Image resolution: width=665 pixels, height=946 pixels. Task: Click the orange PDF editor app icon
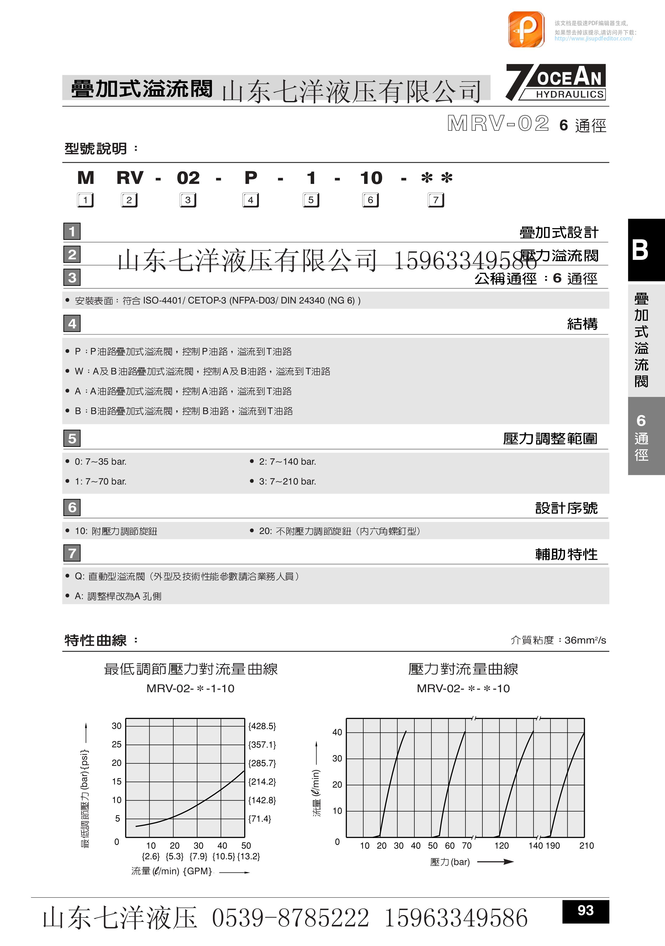pyautogui.click(x=526, y=29)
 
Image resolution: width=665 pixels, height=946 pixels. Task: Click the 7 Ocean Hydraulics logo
pyautogui.click(x=556, y=82)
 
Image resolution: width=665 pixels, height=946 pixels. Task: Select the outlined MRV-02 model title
pyautogui.click(x=498, y=124)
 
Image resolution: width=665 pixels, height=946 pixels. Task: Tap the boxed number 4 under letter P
pyautogui.click(x=251, y=200)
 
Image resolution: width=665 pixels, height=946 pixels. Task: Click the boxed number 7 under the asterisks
pyautogui.click(x=436, y=200)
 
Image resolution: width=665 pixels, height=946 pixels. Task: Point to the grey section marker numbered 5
pyautogui.click(x=72, y=438)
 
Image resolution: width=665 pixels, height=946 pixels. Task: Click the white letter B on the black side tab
pyautogui.click(x=640, y=250)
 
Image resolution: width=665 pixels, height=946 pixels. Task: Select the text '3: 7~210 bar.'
pyautogui.click(x=287, y=481)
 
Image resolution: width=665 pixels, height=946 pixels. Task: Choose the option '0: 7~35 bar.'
pyautogui.click(x=101, y=461)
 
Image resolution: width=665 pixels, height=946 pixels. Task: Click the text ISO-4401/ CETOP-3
pyautogui.click(x=184, y=300)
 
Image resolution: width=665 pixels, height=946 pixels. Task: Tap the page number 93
pyautogui.click(x=585, y=910)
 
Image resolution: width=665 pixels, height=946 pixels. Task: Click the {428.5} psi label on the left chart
pyautogui.click(x=262, y=726)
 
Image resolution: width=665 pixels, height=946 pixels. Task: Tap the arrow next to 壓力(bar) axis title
pyautogui.click(x=495, y=862)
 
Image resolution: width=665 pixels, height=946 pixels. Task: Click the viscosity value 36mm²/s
pyautogui.click(x=585, y=640)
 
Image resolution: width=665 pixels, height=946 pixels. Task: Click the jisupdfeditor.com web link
pyautogui.click(x=593, y=39)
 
